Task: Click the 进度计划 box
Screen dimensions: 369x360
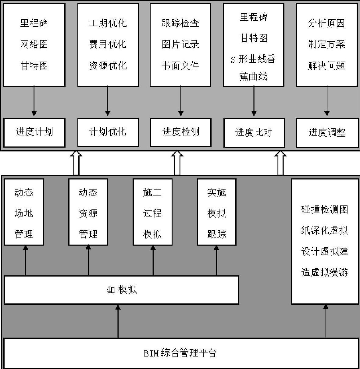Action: (x=34, y=132)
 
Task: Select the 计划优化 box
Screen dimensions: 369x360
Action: (x=108, y=132)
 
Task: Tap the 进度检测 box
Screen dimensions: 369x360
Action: (x=180, y=132)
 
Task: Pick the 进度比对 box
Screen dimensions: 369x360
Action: (x=254, y=133)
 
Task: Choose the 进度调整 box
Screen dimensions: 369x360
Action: (x=327, y=133)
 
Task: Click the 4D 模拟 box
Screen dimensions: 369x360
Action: (x=121, y=290)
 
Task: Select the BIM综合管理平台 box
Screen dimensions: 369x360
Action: (x=181, y=353)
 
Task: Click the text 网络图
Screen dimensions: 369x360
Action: (x=34, y=44)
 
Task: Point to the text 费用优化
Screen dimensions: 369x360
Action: (x=108, y=44)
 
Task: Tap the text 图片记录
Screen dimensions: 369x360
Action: (x=180, y=44)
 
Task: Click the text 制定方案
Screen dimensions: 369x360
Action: (x=326, y=44)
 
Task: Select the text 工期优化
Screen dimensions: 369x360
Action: (x=108, y=23)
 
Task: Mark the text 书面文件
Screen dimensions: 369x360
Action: (x=180, y=66)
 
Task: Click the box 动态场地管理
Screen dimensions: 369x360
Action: (x=24, y=212)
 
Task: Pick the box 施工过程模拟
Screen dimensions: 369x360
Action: (x=152, y=212)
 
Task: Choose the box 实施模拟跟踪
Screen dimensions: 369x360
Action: (x=217, y=212)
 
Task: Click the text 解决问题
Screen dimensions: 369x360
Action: (x=326, y=66)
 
